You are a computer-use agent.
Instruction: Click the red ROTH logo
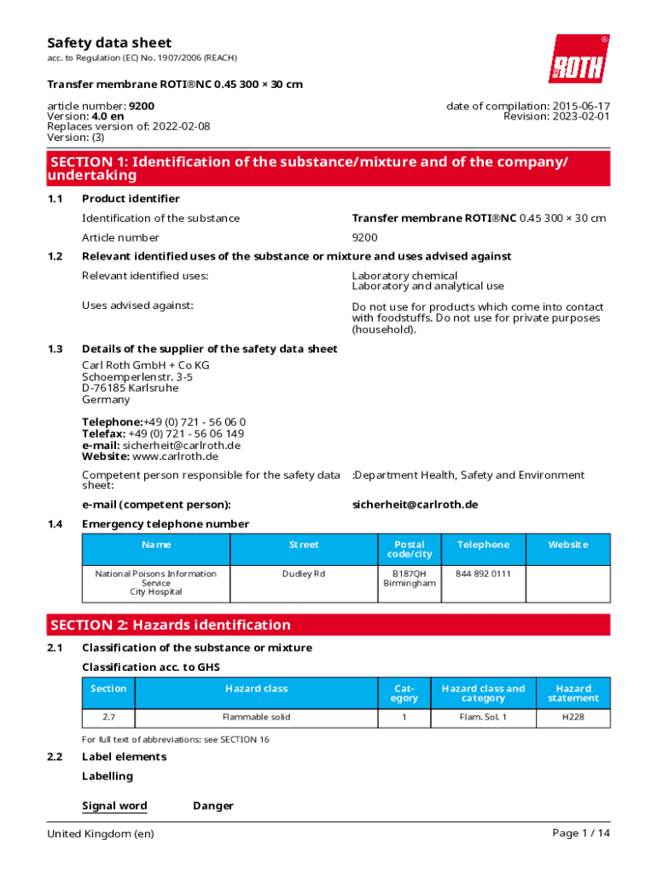pos(579,59)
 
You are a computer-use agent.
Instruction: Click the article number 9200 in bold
pos(142,106)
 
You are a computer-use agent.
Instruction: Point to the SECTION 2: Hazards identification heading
pos(171,625)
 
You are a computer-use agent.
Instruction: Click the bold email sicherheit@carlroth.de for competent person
pos(415,504)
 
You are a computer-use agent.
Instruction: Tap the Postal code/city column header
pos(409,549)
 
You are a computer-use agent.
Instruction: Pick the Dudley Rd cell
pos(304,574)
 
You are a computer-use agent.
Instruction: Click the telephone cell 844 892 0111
pos(483,574)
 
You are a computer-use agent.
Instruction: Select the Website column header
pos(567,545)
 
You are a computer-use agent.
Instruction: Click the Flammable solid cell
pos(255,718)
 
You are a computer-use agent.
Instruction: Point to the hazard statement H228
pos(573,718)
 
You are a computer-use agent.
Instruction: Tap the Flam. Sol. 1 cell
pos(482,718)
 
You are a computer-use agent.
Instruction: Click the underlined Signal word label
pos(114,806)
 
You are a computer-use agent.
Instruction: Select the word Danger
pos(213,806)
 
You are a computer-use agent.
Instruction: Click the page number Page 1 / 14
pos(581,833)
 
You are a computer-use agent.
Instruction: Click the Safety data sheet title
pos(109,43)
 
